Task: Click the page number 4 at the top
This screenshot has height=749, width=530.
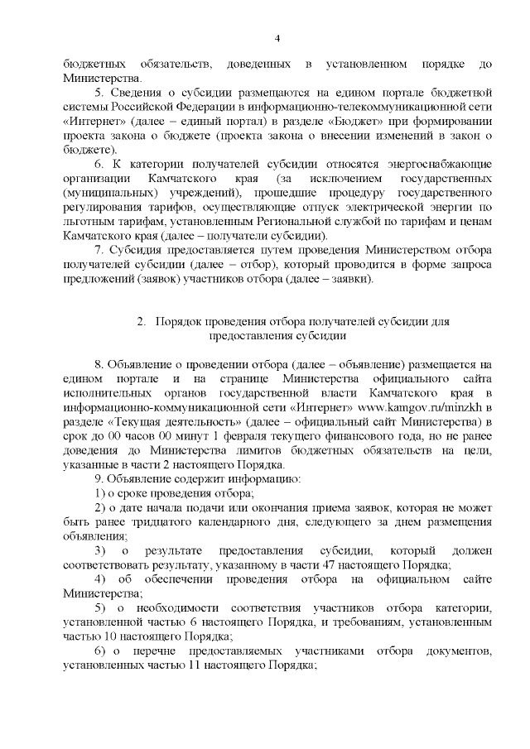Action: (277, 39)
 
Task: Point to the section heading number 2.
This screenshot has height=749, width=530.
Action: (142, 321)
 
